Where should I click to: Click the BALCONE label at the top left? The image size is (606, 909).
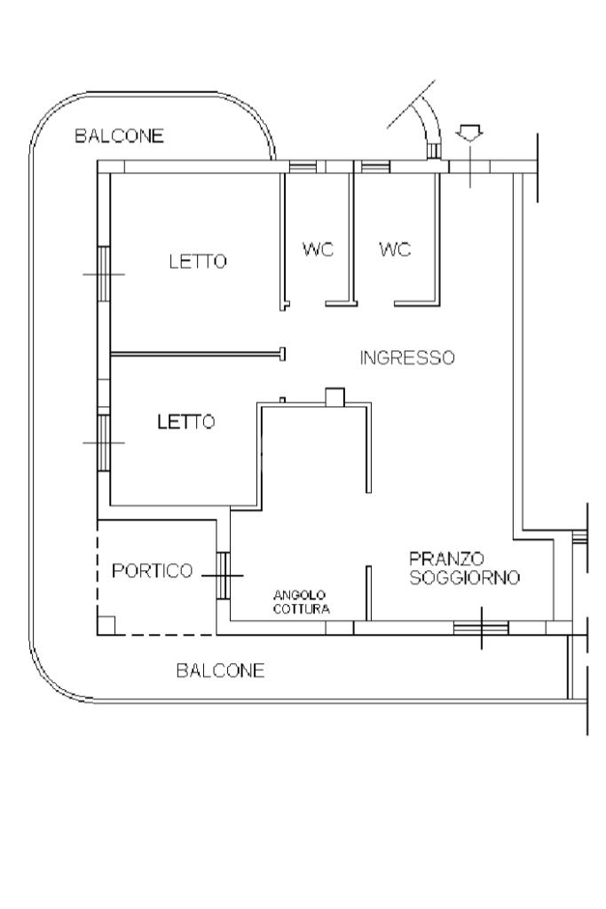pyautogui.click(x=120, y=136)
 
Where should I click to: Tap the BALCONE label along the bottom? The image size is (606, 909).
pyautogui.click(x=220, y=670)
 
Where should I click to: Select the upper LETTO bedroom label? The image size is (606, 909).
pyautogui.click(x=198, y=262)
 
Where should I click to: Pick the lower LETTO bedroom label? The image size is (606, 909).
pyautogui.click(x=185, y=422)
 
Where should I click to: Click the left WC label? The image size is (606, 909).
pyautogui.click(x=318, y=249)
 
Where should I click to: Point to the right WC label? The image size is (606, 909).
pyautogui.click(x=394, y=249)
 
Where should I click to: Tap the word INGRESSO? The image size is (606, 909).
pyautogui.click(x=407, y=358)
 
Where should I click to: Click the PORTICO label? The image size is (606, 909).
pyautogui.click(x=152, y=571)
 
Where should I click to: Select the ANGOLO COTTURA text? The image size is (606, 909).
pyautogui.click(x=301, y=603)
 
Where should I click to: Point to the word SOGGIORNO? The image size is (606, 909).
pyautogui.click(x=464, y=577)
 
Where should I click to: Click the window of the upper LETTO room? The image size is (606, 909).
pyautogui.click(x=104, y=273)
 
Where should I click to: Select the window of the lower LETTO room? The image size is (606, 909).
pyautogui.click(x=104, y=441)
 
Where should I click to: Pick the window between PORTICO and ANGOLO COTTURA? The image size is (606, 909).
pyautogui.click(x=223, y=575)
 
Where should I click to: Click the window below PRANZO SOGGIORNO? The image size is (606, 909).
pyautogui.click(x=481, y=628)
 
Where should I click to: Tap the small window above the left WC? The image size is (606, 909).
pyautogui.click(x=303, y=167)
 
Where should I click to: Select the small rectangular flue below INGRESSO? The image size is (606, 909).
pyautogui.click(x=335, y=396)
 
